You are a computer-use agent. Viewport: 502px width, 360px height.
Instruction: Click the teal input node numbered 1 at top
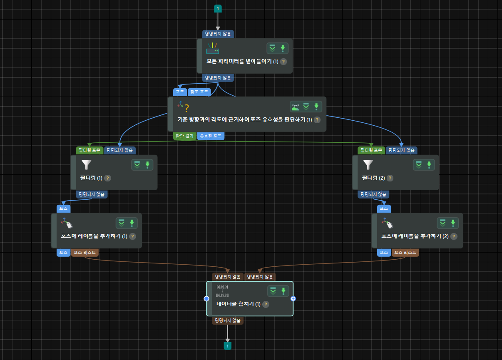point(217,8)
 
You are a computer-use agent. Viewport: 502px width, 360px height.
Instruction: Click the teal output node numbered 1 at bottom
point(228,346)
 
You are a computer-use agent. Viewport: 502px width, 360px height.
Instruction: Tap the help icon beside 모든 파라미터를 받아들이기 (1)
point(283,61)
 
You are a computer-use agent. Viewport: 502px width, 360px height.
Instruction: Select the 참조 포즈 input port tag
point(199,92)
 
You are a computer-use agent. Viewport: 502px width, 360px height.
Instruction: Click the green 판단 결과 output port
point(184,136)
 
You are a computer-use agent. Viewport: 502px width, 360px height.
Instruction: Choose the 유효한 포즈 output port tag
point(211,136)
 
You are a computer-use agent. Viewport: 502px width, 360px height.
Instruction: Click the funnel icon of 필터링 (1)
point(86,165)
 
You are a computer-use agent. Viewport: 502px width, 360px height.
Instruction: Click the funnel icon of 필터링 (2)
point(368,165)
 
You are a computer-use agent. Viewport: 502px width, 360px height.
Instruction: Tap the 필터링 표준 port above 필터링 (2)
point(371,150)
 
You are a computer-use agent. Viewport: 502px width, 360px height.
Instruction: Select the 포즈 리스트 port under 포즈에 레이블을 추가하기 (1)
point(85,252)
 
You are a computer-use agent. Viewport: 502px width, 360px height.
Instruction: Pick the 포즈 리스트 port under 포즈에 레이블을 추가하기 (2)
point(405,252)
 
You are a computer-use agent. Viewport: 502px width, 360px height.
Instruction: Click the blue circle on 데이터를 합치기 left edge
point(206,298)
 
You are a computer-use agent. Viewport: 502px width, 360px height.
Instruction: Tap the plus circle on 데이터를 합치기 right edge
point(293,298)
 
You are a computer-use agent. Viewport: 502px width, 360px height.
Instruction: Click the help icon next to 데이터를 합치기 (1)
point(266,304)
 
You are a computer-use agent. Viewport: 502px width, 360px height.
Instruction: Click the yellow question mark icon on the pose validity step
point(186,108)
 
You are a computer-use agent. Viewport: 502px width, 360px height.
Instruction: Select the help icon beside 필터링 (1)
point(107,178)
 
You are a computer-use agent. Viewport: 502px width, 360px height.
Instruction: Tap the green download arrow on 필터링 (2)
point(429,165)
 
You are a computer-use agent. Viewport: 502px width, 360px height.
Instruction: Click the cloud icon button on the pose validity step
point(295,107)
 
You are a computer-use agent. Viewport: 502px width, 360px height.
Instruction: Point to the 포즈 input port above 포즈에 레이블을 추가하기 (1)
point(64,209)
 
